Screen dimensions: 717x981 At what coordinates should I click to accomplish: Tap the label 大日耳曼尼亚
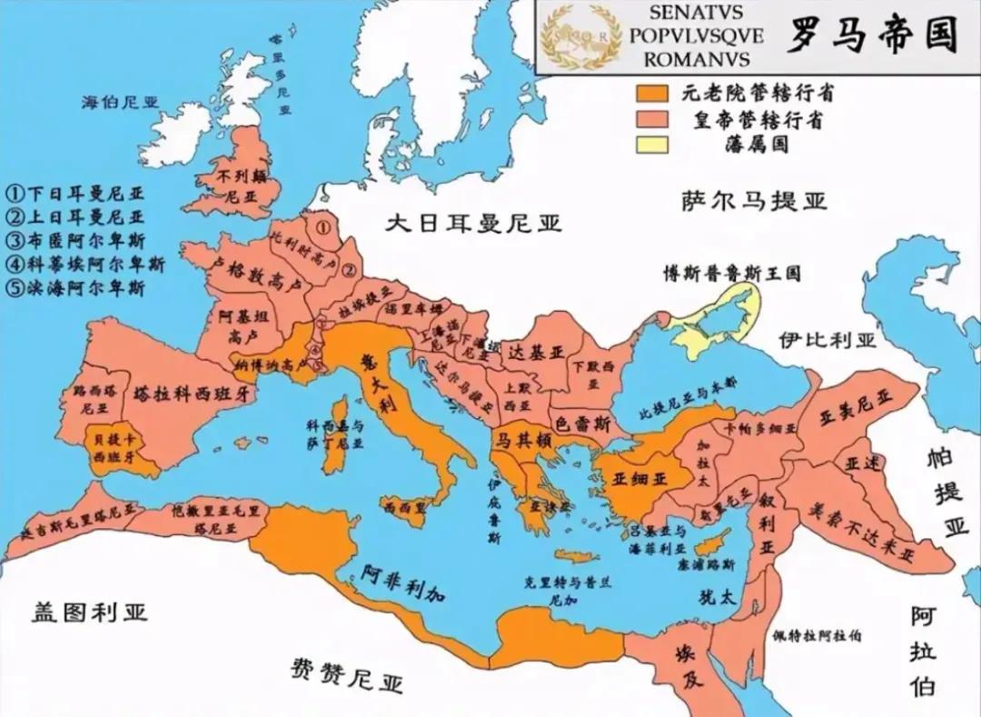pyautogui.click(x=472, y=224)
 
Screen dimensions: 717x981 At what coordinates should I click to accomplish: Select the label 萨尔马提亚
pyautogui.click(x=754, y=200)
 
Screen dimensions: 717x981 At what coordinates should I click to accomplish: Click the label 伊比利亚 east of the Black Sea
pyautogui.click(x=827, y=340)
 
